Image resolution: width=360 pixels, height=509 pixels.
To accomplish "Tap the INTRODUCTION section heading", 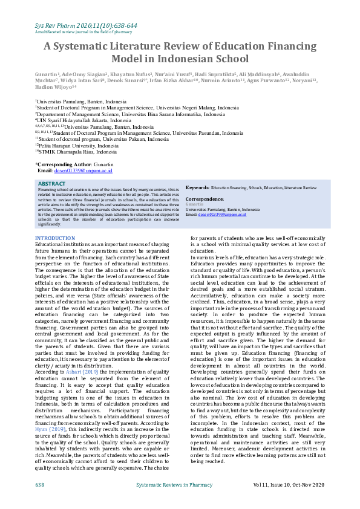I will [x=55, y=239].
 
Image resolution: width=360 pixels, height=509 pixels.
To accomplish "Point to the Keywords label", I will [x=197, y=188].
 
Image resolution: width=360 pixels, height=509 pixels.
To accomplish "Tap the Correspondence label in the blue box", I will [x=205, y=198].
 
